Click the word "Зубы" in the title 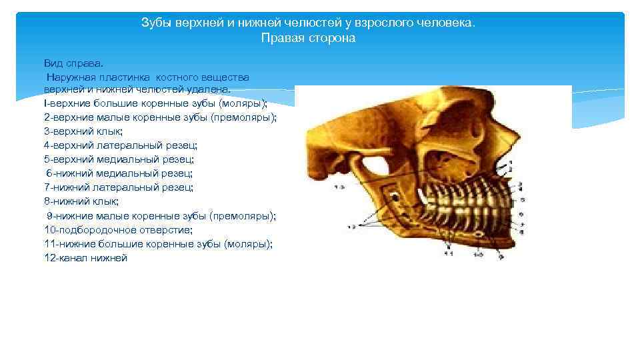click(x=155, y=23)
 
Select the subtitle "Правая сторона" click(x=308, y=38)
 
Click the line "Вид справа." click(x=74, y=63)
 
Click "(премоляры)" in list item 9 click(x=242, y=216)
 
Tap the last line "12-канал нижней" click(x=85, y=258)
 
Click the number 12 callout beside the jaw click(x=351, y=227)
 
